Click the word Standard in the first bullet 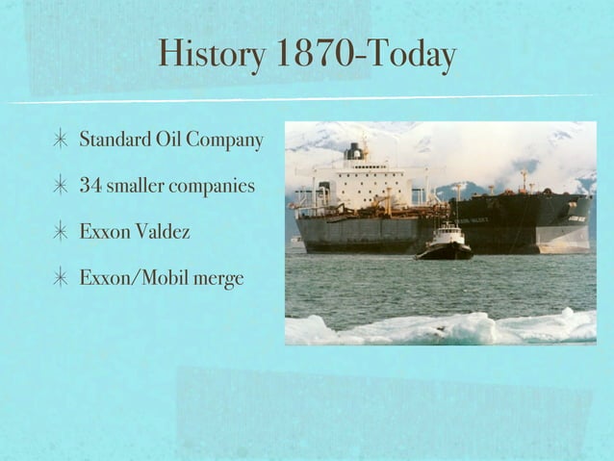tap(112, 141)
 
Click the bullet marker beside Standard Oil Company tap(60, 141)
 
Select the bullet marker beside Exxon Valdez tap(60, 232)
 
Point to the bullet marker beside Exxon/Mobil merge tap(60, 278)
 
